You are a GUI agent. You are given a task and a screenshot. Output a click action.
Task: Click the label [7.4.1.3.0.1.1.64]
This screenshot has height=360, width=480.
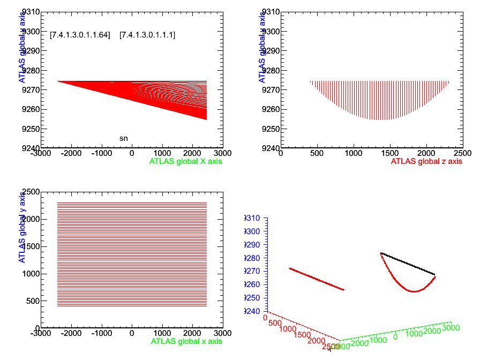click(80, 35)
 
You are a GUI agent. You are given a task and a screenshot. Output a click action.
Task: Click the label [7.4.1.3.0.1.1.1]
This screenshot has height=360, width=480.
click(147, 35)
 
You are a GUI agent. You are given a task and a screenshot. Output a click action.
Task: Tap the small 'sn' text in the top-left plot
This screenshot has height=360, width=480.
click(123, 138)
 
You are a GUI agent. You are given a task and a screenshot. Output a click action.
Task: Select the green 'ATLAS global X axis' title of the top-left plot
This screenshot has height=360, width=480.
click(186, 160)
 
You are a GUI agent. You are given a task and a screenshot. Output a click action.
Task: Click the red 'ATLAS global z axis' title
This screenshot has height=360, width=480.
click(426, 160)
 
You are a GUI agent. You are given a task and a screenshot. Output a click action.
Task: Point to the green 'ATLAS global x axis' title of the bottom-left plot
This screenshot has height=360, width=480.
click(186, 341)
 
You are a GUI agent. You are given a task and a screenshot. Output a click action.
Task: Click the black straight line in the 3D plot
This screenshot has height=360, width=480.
click(408, 264)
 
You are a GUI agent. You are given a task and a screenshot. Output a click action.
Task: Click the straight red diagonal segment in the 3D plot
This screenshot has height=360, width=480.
click(317, 279)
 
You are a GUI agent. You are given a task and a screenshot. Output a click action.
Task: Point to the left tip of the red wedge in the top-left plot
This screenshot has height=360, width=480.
click(58, 81)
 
